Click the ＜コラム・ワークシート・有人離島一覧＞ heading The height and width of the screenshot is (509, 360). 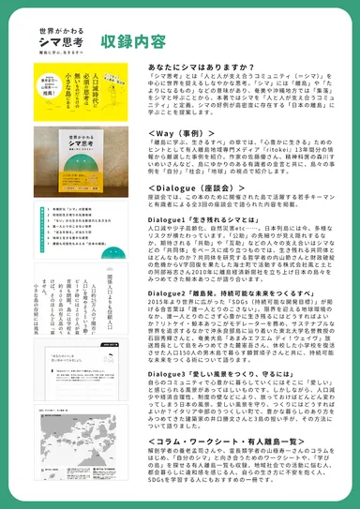pyautogui.click(x=233, y=441)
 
